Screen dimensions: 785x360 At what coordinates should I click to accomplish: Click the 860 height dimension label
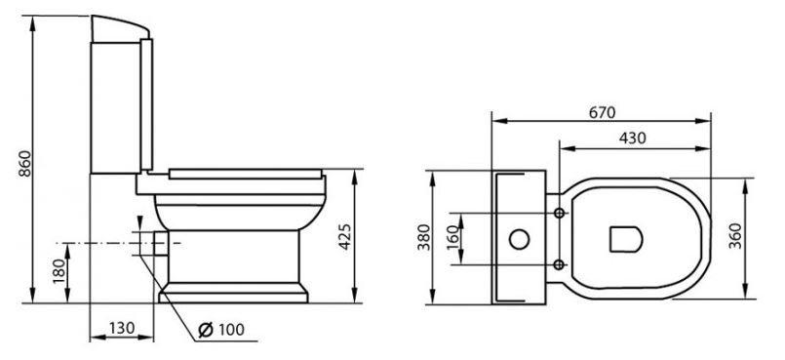click(x=25, y=164)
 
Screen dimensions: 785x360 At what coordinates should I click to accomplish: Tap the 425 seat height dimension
click(x=345, y=237)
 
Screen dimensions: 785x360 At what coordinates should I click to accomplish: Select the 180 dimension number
click(x=59, y=271)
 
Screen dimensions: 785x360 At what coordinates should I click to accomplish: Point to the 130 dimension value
click(x=122, y=328)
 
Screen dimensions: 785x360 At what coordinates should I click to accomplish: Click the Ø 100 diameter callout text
click(x=220, y=330)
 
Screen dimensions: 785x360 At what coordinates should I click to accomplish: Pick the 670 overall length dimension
click(x=602, y=112)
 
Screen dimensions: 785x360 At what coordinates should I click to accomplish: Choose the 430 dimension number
click(x=632, y=139)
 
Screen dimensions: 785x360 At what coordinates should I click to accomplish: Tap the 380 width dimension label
click(x=424, y=237)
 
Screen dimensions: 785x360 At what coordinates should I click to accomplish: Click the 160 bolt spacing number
click(x=452, y=238)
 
